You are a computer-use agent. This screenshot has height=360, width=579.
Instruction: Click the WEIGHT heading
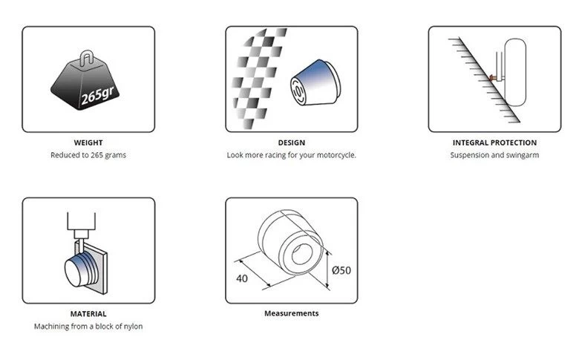[x=88, y=143]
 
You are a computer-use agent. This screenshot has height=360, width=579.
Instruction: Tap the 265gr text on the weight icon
[x=97, y=95]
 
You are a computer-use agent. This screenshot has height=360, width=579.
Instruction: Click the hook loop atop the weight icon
[x=87, y=58]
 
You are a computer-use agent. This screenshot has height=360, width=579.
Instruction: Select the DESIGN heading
[x=291, y=143]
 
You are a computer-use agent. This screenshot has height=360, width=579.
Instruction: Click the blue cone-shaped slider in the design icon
[x=315, y=82]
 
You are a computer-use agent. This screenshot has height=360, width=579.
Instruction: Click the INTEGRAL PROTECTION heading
[x=494, y=143]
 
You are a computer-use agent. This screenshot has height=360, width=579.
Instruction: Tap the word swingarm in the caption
[x=522, y=155]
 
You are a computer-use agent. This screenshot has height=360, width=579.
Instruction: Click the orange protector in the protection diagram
[x=492, y=77]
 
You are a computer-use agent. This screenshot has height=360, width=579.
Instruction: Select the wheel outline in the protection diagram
[x=514, y=72]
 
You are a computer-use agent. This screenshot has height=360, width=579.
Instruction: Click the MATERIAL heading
[x=88, y=314]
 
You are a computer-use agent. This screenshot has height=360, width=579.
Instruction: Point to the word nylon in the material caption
[x=133, y=327]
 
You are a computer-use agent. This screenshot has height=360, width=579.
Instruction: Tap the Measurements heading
[x=291, y=313]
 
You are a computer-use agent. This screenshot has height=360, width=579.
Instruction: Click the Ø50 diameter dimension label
[x=341, y=270]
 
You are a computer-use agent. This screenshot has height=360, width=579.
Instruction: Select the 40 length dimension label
[x=242, y=278]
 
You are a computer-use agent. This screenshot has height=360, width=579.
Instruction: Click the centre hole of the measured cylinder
[x=302, y=254]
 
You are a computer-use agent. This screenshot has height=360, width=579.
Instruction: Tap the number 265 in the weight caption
[x=96, y=155]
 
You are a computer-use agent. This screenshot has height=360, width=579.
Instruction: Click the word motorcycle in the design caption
[x=337, y=155]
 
